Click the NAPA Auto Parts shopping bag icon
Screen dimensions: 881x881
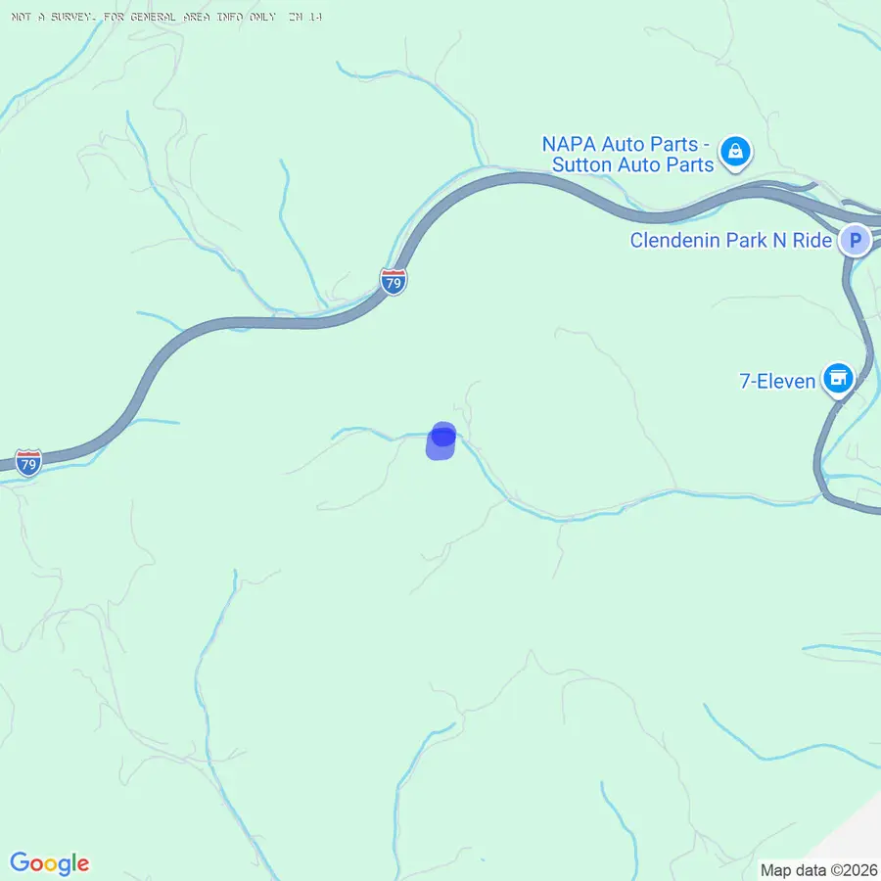[734, 152]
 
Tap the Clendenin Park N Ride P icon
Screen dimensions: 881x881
[856, 240]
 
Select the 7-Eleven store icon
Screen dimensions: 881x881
[838, 378]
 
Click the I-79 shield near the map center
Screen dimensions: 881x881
[394, 282]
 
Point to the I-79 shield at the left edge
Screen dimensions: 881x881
[28, 462]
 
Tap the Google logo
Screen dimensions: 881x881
[50, 863]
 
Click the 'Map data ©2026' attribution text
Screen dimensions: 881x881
[817, 869]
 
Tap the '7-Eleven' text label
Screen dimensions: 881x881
[777, 380]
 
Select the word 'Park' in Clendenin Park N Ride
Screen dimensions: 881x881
[748, 241]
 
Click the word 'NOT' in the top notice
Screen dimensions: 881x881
[18, 18]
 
